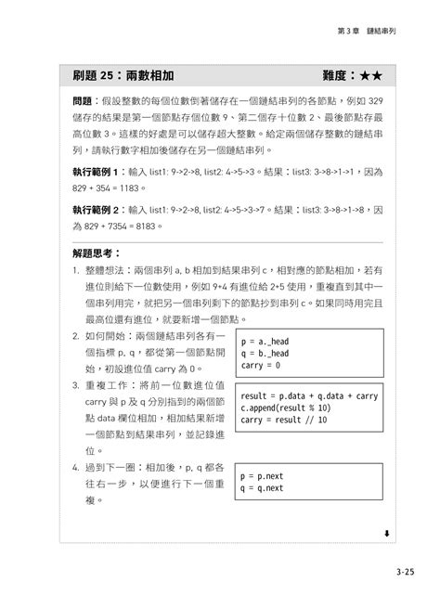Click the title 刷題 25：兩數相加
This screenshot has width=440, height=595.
123,74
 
